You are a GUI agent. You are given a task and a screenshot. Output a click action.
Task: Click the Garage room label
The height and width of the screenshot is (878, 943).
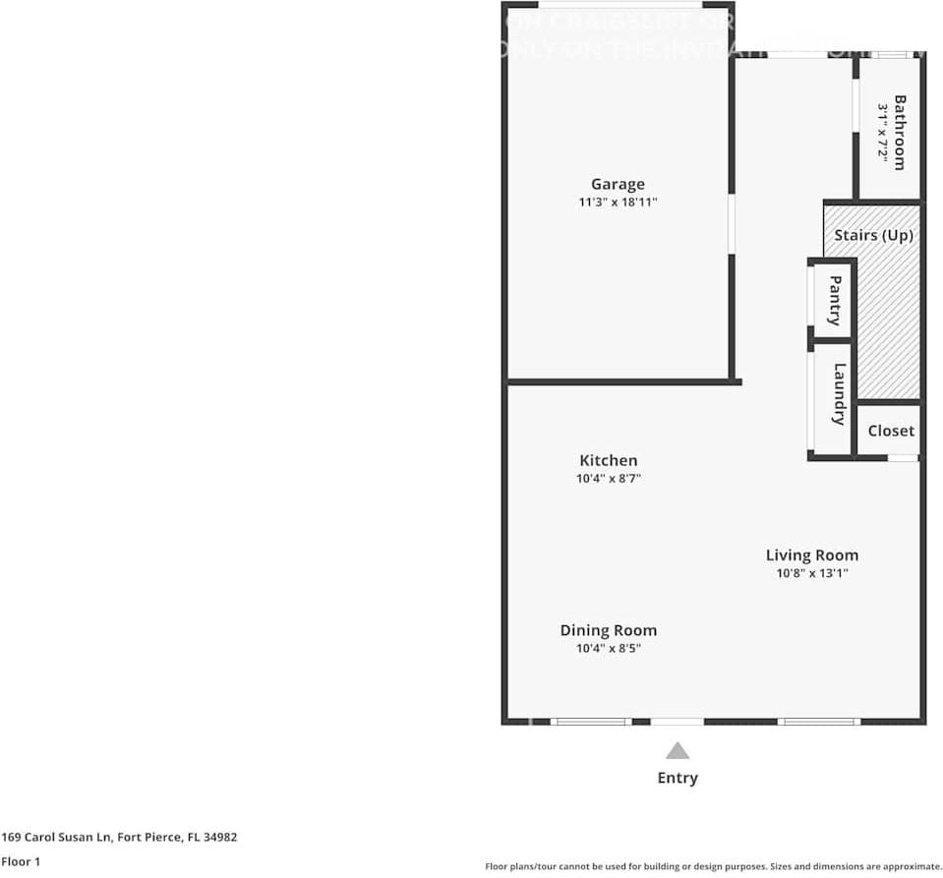click(x=618, y=184)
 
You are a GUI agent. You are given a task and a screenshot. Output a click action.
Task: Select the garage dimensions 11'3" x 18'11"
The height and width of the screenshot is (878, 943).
click(x=618, y=203)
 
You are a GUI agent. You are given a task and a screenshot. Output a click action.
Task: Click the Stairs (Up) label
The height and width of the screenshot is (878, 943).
click(x=873, y=236)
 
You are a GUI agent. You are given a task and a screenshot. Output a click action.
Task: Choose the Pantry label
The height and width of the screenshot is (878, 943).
click(x=835, y=300)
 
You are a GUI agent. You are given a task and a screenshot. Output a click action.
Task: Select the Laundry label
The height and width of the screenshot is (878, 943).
click(x=839, y=393)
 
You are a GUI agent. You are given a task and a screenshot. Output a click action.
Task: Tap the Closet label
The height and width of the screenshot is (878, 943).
click(x=891, y=431)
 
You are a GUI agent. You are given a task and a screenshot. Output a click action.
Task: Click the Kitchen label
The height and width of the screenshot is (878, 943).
click(x=608, y=460)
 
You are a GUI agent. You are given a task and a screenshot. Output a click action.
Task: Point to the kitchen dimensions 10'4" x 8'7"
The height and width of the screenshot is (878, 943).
click(x=608, y=479)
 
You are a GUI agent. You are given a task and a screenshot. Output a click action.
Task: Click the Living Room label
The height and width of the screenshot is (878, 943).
click(x=811, y=555)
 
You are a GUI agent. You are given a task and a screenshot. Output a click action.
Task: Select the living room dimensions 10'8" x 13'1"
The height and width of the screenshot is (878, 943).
click(x=811, y=573)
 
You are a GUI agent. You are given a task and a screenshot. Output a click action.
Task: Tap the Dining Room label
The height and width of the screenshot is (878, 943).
click(x=608, y=630)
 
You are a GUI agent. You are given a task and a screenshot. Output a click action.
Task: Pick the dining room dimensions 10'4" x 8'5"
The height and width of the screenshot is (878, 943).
click(x=608, y=649)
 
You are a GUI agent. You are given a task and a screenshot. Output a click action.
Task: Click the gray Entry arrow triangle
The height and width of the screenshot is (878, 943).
click(x=677, y=751)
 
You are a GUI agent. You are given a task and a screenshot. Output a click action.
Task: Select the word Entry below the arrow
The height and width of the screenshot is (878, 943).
click(x=677, y=778)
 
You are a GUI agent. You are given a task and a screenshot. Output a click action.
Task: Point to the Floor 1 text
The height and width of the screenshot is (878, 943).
click(x=21, y=862)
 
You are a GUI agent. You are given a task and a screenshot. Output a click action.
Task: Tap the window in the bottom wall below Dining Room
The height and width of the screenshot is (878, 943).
click(x=590, y=722)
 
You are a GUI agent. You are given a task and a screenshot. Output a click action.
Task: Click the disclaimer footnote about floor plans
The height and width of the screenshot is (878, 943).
click(x=713, y=866)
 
